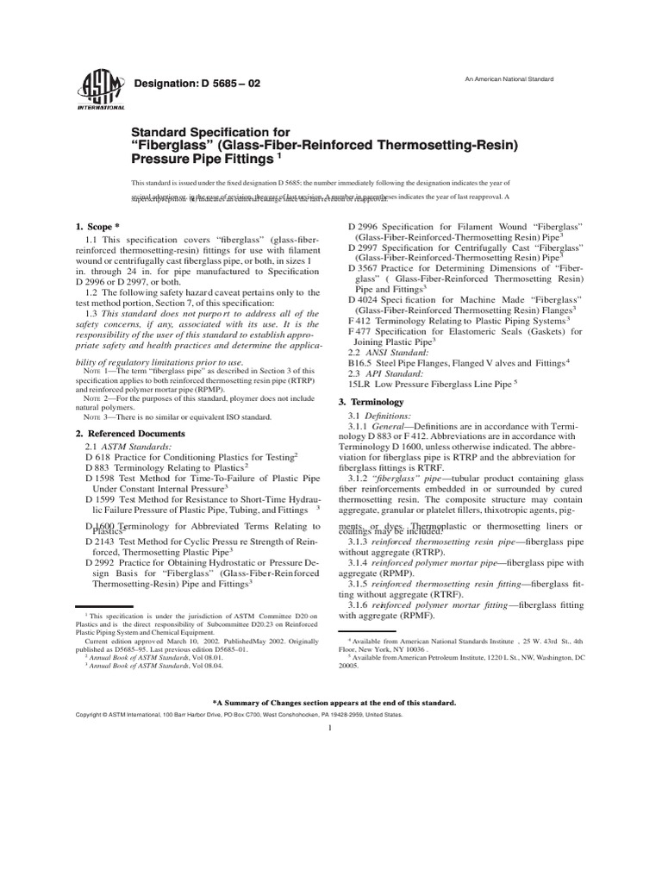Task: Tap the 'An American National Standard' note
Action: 509,79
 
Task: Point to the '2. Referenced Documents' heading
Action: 130,433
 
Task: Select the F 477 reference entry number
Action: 360,331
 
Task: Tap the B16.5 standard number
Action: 360,363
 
